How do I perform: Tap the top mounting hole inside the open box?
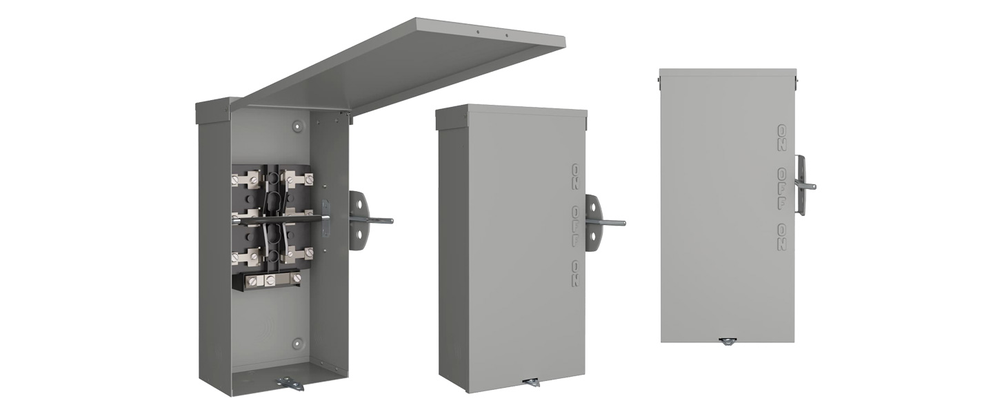point(297,126)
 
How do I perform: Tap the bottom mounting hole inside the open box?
point(297,343)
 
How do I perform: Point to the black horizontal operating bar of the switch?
point(279,219)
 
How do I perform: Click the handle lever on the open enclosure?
point(371,220)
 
